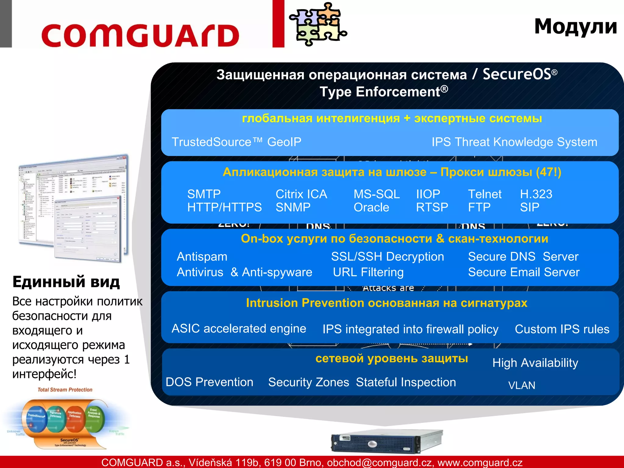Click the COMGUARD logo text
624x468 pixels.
coord(140,35)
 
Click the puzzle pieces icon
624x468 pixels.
coord(317,24)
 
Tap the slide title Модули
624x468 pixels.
coord(575,27)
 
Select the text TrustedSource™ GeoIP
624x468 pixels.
coord(236,142)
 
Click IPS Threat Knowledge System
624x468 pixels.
coord(514,142)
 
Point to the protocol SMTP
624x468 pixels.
coord(204,194)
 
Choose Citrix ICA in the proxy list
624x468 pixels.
coord(301,194)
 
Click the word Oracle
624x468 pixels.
coord(371,207)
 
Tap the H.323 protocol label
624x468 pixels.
coord(536,194)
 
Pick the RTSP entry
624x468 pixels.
coord(432,207)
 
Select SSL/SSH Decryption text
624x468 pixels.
coord(387,257)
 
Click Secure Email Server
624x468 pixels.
coord(523,272)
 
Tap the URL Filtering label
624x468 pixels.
coord(368,272)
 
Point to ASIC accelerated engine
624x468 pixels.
coord(239,328)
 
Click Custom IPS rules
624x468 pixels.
coord(562,329)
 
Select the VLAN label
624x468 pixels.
coord(521,385)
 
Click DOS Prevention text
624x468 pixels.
coord(209,382)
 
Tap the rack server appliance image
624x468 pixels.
coord(387,441)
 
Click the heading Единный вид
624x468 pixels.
coord(66,282)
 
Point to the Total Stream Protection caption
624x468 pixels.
coord(65,390)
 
